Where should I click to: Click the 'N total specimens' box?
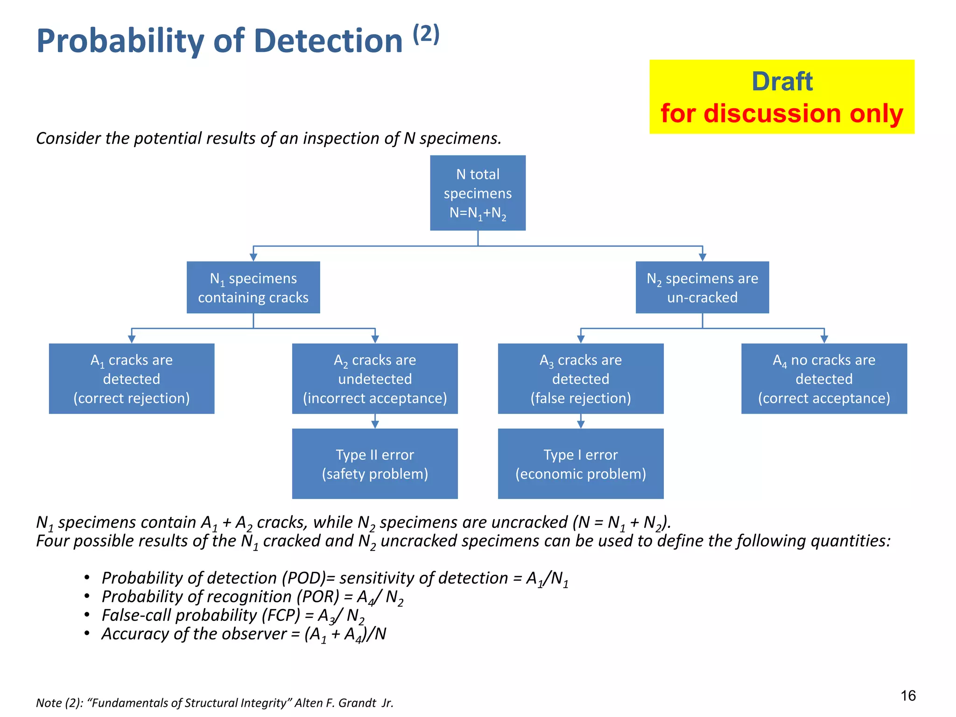coord(478,193)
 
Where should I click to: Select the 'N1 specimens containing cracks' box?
coord(253,287)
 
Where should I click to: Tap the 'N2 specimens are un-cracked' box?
coord(702,287)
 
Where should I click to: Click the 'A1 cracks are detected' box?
coord(132,379)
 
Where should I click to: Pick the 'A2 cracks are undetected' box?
coord(375,379)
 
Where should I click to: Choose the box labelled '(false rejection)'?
coord(581,379)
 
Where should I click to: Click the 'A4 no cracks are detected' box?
coord(824,379)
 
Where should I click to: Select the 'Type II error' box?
coord(375,464)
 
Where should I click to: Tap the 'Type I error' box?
coord(581,464)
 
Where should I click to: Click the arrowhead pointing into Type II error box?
coord(375,424)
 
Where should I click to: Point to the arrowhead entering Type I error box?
coord(581,424)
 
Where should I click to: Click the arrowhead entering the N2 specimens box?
coord(703,257)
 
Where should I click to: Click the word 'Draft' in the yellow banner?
coord(782,82)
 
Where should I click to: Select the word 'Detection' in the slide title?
coord(328,41)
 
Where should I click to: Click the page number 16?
coord(908,696)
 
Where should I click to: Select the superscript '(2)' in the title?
coord(426,34)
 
